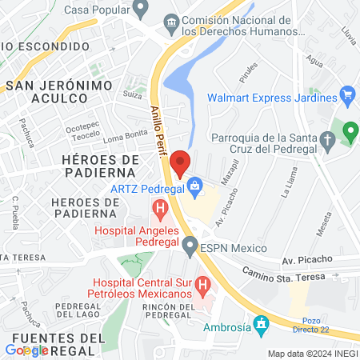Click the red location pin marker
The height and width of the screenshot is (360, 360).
181,162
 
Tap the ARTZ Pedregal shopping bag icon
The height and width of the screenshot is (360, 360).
194,188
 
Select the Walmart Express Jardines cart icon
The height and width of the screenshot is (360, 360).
347,98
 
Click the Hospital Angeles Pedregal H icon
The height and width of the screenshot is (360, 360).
160,211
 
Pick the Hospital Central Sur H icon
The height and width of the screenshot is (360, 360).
203,283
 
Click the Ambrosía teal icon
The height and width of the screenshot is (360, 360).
260,325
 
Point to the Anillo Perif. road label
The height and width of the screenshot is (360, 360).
158,132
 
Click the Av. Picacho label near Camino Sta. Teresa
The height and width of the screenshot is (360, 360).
303,261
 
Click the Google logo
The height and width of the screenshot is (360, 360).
26,350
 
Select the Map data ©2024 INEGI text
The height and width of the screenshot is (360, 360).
310,354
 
